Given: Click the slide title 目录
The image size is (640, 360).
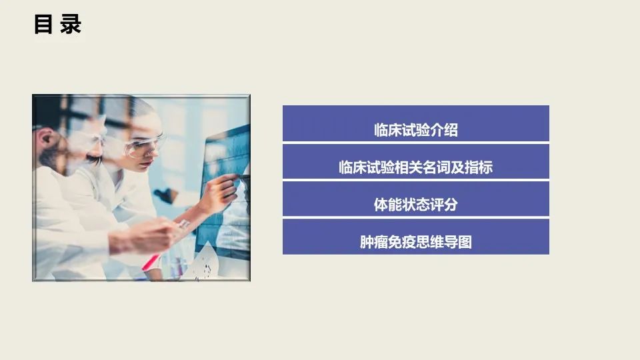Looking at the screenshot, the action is pos(57,25).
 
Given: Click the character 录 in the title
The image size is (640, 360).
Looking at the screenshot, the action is pos(71,25).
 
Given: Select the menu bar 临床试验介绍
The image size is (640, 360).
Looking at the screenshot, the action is pos(415,123).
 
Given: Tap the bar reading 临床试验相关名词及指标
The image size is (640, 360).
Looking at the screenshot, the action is pos(415,161).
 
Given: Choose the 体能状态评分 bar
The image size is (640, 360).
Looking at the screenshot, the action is pos(415,199).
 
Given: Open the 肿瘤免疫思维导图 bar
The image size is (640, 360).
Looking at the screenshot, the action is pos(415,237).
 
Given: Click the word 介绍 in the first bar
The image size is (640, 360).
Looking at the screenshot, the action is pos(444,130).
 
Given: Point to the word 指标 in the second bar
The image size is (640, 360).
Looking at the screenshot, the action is pos(479,167).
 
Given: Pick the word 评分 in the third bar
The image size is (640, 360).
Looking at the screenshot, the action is pos(444,205).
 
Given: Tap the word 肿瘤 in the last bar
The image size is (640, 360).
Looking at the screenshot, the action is pos(374,242).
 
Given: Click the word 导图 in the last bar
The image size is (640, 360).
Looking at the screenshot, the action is pos(458,242).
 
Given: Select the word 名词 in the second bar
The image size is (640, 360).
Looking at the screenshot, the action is pos(423,167).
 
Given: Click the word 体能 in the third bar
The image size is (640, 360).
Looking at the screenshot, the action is pos(388,205).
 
